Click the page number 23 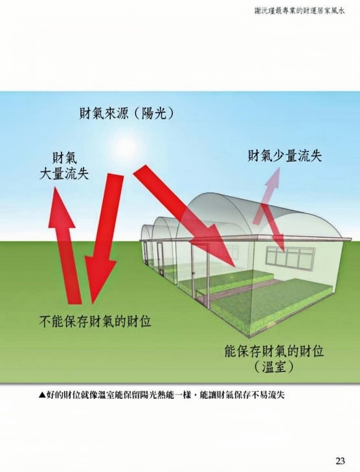point(340,460)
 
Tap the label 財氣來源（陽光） point(127,113)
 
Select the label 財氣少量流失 point(285,156)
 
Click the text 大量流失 point(64,174)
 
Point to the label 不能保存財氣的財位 point(95,322)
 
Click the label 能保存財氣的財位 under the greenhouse point(275,352)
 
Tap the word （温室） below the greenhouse point(274,367)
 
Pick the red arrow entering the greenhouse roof point(184,216)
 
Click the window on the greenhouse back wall point(289,256)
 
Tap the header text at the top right point(299,11)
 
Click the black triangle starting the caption point(42,395)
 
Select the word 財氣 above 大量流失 point(64,158)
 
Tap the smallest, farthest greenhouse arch point(148,238)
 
